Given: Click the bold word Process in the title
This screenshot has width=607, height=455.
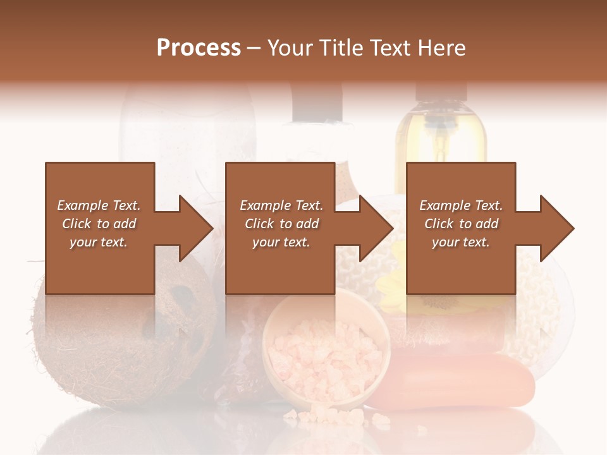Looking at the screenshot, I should [x=199, y=48].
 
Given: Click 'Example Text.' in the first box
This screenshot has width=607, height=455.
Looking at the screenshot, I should [x=99, y=205].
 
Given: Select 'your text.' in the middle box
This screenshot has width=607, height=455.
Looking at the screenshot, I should [x=281, y=242].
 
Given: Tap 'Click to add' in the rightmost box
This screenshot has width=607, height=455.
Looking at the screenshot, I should [x=462, y=224].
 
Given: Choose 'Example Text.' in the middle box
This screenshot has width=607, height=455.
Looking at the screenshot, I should [x=281, y=205].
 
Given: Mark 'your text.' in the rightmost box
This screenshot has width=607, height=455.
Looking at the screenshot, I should [x=461, y=242].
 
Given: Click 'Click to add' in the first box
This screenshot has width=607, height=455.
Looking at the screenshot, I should [x=99, y=224].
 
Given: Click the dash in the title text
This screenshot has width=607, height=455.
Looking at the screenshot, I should [x=254, y=48].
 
